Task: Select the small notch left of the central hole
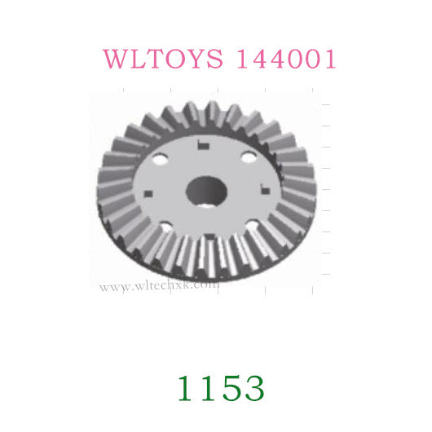(x=149, y=193)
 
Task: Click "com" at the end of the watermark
(x=206, y=286)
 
